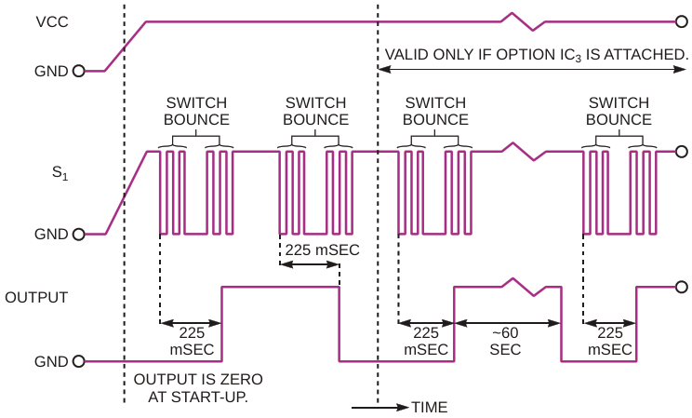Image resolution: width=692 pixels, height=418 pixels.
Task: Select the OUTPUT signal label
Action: click(36, 297)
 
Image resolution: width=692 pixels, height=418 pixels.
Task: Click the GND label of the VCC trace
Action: click(51, 70)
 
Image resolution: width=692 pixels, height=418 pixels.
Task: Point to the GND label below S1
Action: click(51, 234)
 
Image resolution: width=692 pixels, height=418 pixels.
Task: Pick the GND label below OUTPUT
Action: click(51, 361)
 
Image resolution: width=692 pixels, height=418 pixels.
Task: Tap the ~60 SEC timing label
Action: click(507, 342)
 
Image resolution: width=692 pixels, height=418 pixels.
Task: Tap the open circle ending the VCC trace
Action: click(681, 20)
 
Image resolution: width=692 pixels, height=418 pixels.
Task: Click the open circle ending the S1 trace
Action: click(681, 151)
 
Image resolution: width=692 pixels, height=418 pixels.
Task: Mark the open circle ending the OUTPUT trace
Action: click(681, 288)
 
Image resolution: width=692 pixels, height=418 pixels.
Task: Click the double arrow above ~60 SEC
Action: click(507, 323)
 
